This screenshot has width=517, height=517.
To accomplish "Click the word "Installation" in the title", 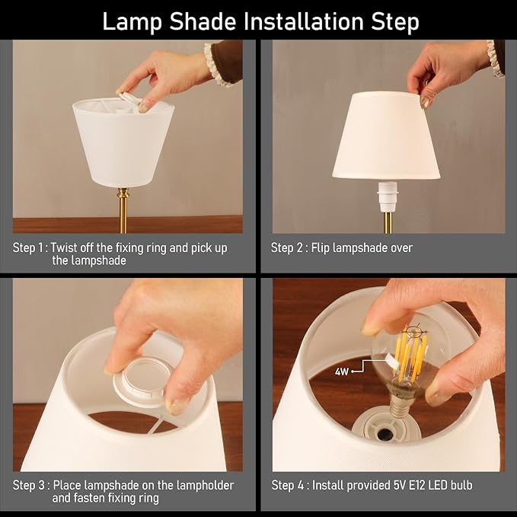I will pos(292,21).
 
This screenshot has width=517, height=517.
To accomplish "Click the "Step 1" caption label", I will pos(30,248).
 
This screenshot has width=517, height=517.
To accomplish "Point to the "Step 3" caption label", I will pos(30,485).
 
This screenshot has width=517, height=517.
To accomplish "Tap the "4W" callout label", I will pos(343,372).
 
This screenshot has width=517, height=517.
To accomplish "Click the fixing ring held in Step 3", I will pos(144,381).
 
